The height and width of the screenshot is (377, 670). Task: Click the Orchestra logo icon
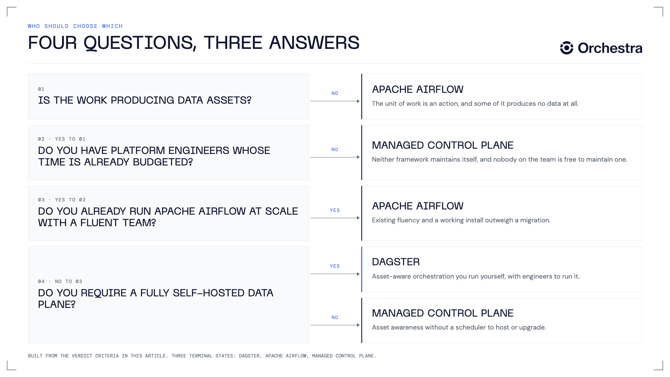coord(567,48)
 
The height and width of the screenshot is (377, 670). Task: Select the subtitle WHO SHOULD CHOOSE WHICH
coord(75,26)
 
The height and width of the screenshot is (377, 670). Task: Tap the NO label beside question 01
coord(335,93)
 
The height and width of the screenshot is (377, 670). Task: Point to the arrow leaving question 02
coord(335,157)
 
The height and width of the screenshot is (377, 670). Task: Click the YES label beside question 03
coord(335,210)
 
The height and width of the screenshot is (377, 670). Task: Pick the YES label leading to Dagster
coord(335,266)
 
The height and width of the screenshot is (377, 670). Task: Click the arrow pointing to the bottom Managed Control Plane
coord(335,325)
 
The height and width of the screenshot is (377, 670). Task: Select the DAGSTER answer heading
coord(396,262)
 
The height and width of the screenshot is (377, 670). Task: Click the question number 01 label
coord(41,89)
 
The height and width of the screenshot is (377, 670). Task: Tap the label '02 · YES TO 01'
coord(62,139)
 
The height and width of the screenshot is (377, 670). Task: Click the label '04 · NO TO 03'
coord(60,281)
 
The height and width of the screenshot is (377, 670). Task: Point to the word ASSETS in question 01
coord(229,100)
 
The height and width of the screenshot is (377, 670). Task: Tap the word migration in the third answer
coord(535,220)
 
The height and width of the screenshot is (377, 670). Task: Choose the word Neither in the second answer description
coord(383,160)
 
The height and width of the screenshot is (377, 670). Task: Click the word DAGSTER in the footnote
coord(249,356)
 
